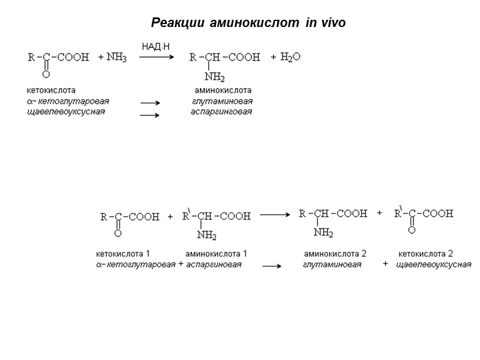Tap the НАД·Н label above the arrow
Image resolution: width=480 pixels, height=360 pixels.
pyautogui.click(x=156, y=46)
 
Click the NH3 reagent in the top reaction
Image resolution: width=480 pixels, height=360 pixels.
pyautogui.click(x=116, y=57)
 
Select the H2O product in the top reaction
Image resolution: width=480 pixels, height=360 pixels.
pyautogui.click(x=291, y=57)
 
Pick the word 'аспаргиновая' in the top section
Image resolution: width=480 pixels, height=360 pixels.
pyautogui.click(x=221, y=112)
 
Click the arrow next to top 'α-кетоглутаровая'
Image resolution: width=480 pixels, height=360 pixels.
pyautogui.click(x=149, y=103)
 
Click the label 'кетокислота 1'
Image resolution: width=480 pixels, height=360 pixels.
pyautogui.click(x=122, y=253)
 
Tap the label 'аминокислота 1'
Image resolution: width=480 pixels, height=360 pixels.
pyautogui.click(x=216, y=253)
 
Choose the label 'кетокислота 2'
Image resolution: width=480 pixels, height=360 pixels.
pyautogui.click(x=426, y=253)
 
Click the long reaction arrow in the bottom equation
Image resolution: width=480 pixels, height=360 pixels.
pyautogui.click(x=274, y=213)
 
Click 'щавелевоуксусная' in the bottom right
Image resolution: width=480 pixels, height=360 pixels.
pyautogui.click(x=434, y=265)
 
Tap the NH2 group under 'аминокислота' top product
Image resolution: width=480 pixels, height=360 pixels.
pyautogui.click(x=215, y=77)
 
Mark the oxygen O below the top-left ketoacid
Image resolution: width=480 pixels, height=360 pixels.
pyautogui.click(x=46, y=74)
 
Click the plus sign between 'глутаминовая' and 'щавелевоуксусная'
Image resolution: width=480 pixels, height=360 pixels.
pyautogui.click(x=385, y=265)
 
